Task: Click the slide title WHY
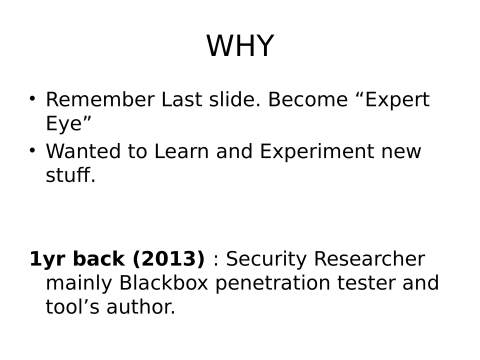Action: [x=239, y=47]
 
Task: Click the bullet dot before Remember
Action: [x=32, y=99]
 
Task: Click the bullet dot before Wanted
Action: [x=32, y=151]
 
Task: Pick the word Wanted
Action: [x=86, y=152]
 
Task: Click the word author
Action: [x=141, y=308]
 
